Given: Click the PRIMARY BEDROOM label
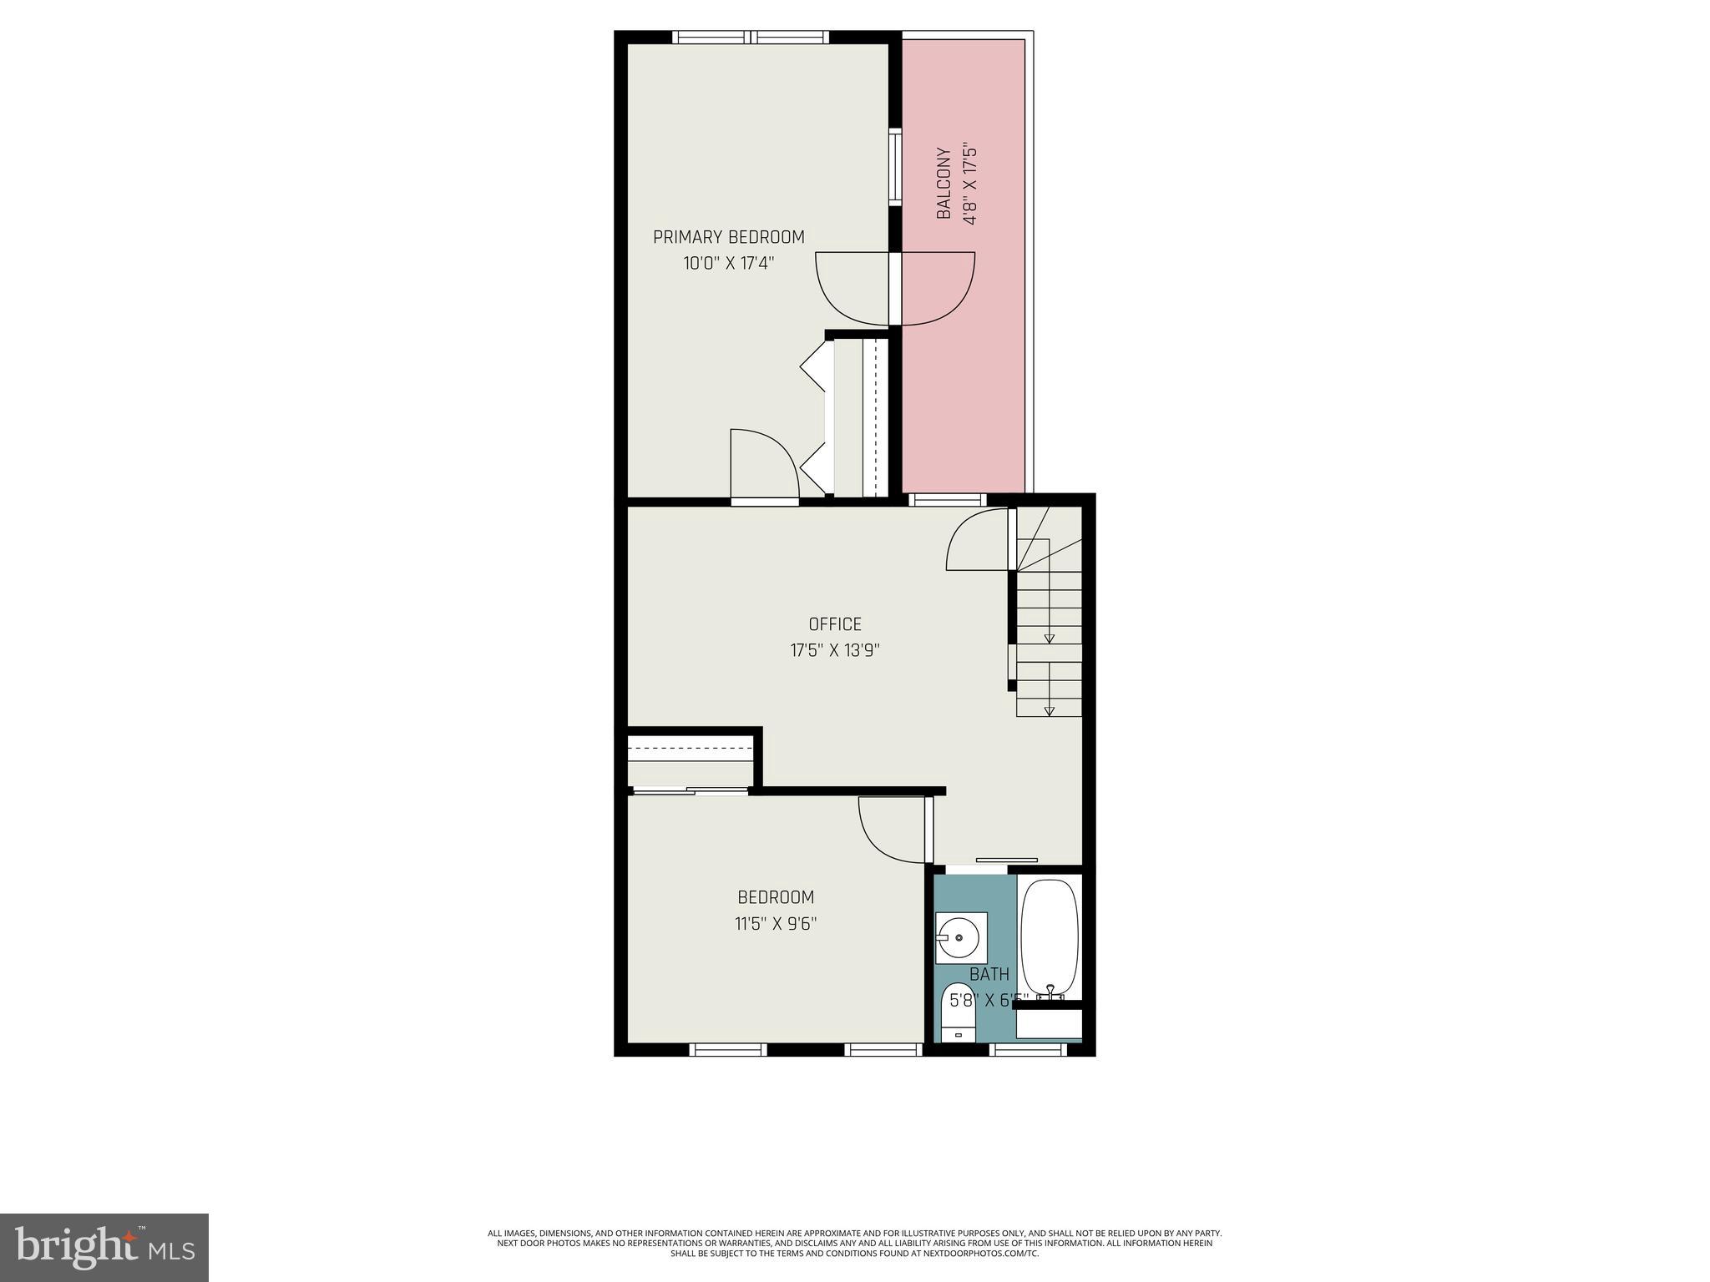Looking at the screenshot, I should [x=728, y=237].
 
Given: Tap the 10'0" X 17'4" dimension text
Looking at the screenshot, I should [x=728, y=264].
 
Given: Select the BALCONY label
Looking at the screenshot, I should [x=944, y=184].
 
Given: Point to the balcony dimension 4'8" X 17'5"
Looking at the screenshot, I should [x=969, y=185].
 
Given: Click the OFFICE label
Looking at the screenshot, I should [x=834, y=624].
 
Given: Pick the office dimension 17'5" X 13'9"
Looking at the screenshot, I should [x=834, y=650].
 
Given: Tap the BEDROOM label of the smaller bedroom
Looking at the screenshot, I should [x=775, y=897].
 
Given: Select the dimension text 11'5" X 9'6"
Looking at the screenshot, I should [x=775, y=924].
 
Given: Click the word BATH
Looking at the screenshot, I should [x=989, y=974].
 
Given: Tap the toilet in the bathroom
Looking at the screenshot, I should [x=958, y=1012].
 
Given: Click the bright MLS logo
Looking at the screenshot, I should [x=104, y=1248].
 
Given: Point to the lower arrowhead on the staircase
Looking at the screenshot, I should [x=1050, y=711].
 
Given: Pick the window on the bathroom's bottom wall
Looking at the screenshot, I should [x=1028, y=1049].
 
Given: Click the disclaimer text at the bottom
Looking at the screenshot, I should [x=854, y=1242].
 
